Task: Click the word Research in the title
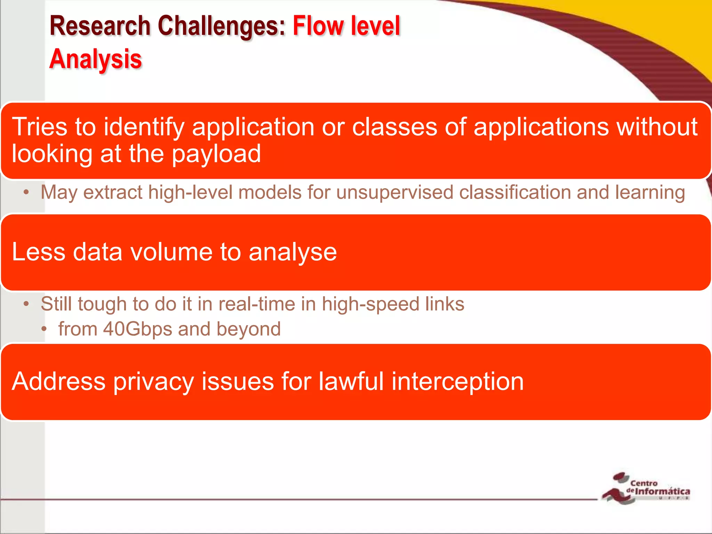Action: coord(100,26)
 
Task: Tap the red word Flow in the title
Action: coord(316,26)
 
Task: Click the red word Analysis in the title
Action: coord(96,59)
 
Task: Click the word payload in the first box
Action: coord(216,154)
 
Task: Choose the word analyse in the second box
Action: coord(293,252)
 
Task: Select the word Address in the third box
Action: coord(58,381)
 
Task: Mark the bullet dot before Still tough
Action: coord(26,305)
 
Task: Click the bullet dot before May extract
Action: coord(26,193)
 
